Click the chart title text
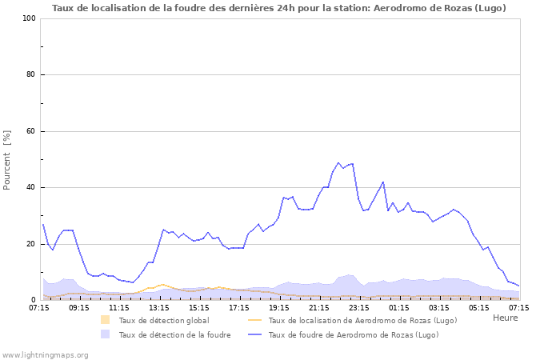[279, 8]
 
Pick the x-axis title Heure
[505, 318]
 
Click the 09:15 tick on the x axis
[79, 307]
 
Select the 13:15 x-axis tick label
[159, 307]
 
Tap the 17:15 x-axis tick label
[239, 307]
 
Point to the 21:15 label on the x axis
[319, 307]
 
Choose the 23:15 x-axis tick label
[359, 307]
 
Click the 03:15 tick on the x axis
[439, 307]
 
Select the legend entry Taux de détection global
[163, 321]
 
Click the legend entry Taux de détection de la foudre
[174, 335]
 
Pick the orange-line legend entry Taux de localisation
[362, 321]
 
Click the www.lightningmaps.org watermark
[45, 354]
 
